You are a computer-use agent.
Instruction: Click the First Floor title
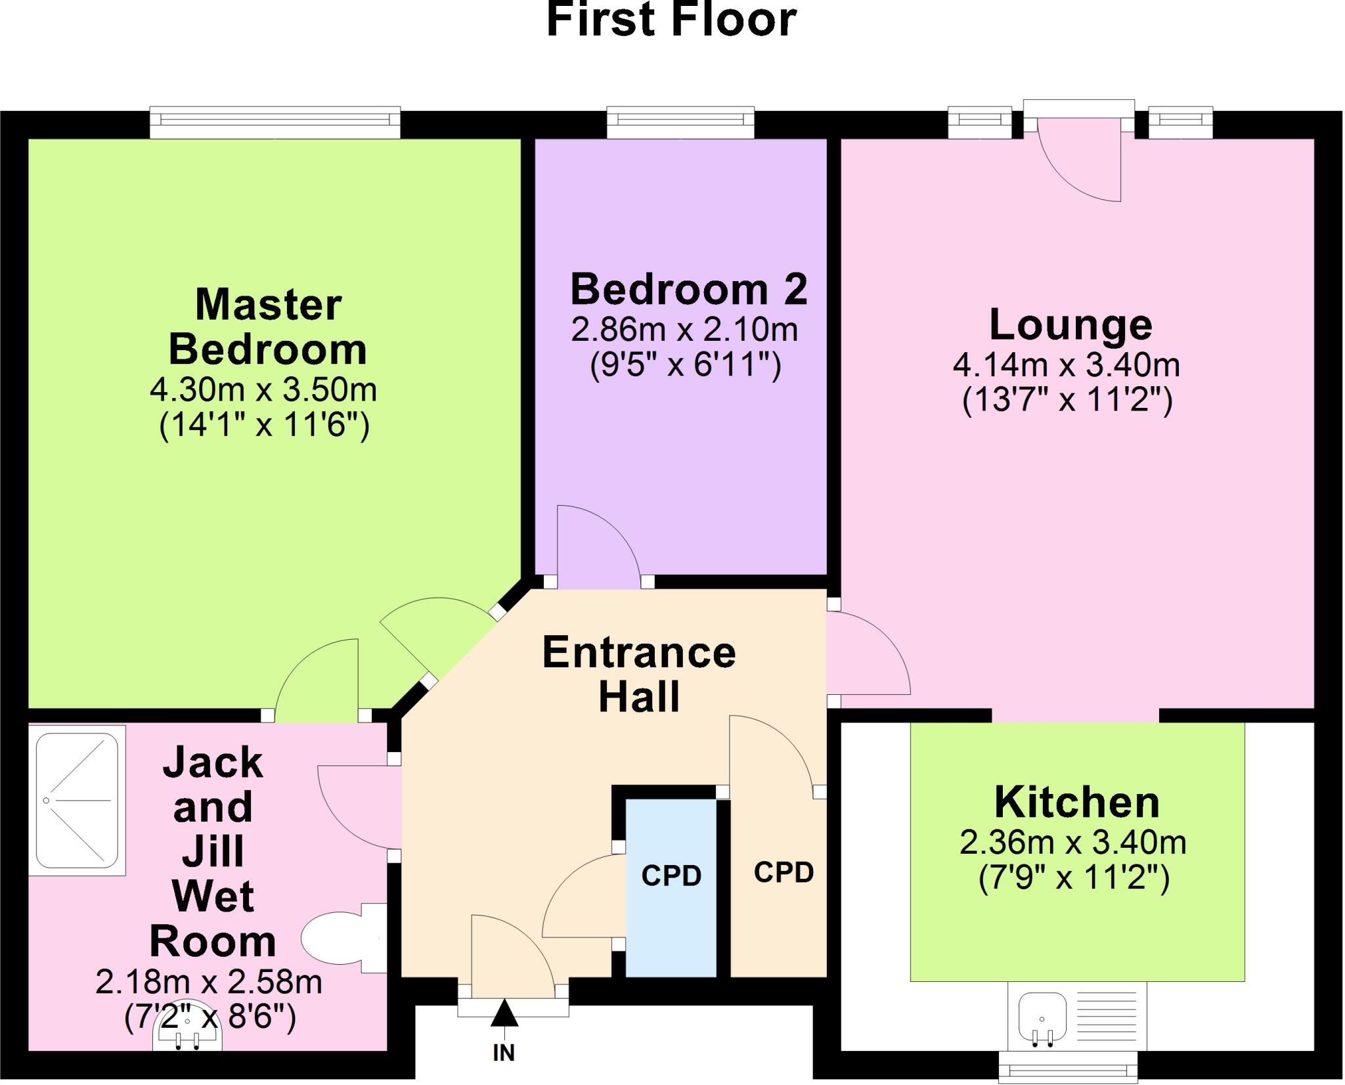tap(671, 20)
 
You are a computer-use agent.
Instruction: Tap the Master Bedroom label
tap(268, 326)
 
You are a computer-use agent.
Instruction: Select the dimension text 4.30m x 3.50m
tap(263, 390)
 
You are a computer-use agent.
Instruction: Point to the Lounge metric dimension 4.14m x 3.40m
tap(1067, 365)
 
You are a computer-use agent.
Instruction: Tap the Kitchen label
tap(1077, 802)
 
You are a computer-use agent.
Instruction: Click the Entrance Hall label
tap(639, 674)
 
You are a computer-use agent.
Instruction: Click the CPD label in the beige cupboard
tap(783, 872)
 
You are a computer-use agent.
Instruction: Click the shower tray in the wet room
tap(77, 800)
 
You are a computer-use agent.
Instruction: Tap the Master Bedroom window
tap(275, 122)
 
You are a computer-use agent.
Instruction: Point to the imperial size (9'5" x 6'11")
tap(685, 365)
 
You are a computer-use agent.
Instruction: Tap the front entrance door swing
tap(509, 952)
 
